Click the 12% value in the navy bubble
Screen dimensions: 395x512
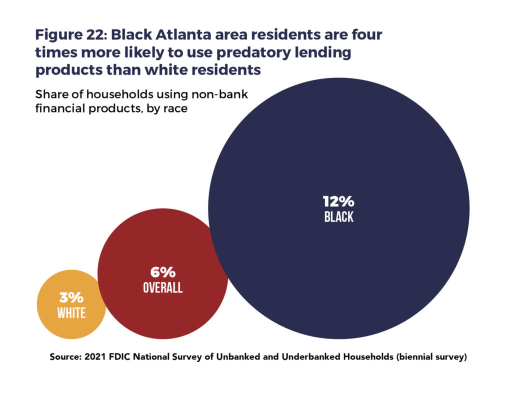coord(338,201)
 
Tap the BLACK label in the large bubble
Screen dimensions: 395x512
coord(338,217)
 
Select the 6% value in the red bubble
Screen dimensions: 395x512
coord(163,272)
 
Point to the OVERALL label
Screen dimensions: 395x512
coord(163,288)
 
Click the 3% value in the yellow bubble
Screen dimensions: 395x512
coord(71,298)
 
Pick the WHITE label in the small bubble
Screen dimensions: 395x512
coord(71,313)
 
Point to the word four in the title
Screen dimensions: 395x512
coord(364,36)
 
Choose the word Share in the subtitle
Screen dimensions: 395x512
coord(51,94)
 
